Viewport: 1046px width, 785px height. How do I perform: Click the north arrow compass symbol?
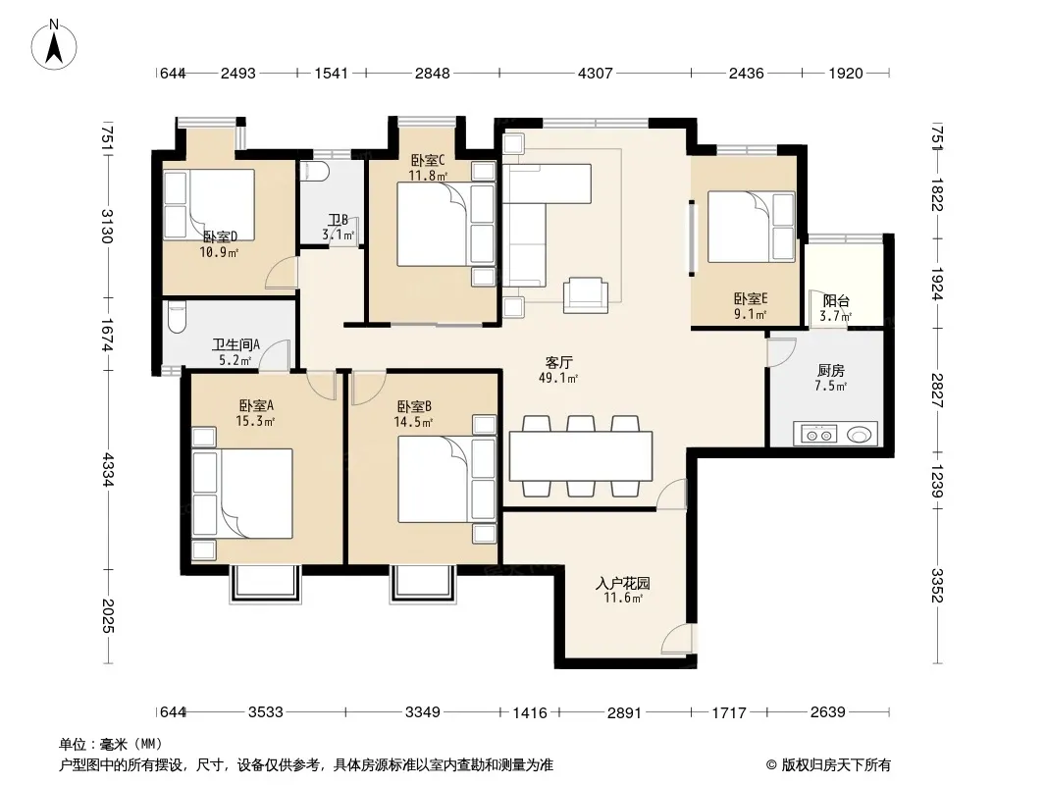click(x=54, y=45)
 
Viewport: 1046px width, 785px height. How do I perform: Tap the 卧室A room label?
click(x=256, y=405)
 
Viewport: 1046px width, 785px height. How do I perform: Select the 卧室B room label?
click(x=414, y=406)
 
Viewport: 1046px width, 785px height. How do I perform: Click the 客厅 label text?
click(x=558, y=363)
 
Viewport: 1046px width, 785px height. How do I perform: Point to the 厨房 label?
click(x=830, y=371)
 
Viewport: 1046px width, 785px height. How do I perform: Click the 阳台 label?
click(x=836, y=301)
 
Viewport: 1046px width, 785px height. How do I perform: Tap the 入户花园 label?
click(x=622, y=584)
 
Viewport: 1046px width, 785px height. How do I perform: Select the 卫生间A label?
click(x=235, y=344)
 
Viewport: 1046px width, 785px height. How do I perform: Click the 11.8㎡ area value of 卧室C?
click(x=428, y=176)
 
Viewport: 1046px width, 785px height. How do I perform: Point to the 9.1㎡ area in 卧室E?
click(x=751, y=313)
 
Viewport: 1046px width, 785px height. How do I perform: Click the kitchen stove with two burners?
click(x=818, y=435)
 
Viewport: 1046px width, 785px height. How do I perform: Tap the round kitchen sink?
click(x=859, y=435)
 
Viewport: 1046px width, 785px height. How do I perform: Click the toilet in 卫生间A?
click(x=177, y=318)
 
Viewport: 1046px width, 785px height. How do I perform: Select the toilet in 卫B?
click(x=314, y=172)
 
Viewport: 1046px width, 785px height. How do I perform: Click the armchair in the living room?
click(x=586, y=294)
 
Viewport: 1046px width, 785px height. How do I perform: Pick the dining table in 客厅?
click(x=580, y=456)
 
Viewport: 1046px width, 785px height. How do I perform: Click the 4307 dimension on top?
click(x=595, y=74)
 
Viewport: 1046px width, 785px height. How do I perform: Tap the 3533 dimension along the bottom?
click(x=266, y=712)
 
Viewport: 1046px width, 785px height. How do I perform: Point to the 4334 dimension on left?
click(x=108, y=468)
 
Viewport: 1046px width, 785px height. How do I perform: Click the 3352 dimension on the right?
click(x=937, y=585)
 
